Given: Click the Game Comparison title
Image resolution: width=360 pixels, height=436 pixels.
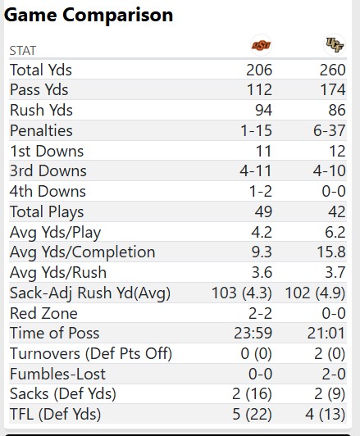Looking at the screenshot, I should coord(89,15).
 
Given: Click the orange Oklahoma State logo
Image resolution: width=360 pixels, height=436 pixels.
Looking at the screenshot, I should coord(261,45).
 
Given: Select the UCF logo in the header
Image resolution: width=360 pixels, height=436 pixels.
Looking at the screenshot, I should coord(334,45).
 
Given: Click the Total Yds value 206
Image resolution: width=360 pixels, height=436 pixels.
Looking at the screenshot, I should coord(259,70).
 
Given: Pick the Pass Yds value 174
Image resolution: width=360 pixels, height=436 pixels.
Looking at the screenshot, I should coord(332,90).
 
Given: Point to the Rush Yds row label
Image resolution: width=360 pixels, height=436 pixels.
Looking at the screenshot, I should coord(41,111).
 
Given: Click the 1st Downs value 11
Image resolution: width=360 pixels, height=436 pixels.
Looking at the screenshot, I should coord(262,151).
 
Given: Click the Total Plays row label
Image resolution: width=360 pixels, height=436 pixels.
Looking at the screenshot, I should coord(46,211).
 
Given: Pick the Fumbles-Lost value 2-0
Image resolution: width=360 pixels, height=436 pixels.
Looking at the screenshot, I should coord(332,374).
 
